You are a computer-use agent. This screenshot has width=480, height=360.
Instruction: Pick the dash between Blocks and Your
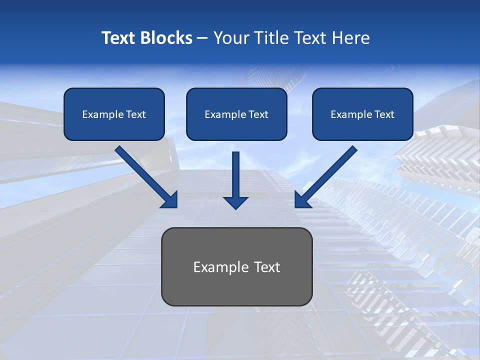tap(202, 38)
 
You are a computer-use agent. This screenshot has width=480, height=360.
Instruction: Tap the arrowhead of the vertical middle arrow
tap(235, 202)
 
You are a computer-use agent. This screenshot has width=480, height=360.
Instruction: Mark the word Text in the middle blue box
tap(258, 114)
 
